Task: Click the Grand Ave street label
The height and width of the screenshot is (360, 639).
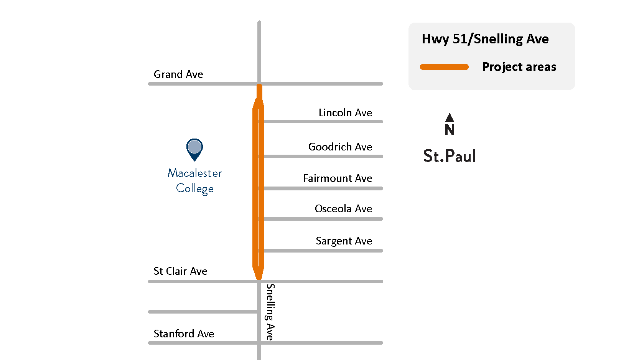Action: tap(178, 74)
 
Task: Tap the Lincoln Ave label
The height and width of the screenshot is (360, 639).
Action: tap(345, 112)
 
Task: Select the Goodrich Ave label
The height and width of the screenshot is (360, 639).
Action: tap(340, 147)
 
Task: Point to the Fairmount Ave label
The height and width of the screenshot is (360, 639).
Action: tap(338, 178)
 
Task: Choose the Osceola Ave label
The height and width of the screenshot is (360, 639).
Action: tap(343, 208)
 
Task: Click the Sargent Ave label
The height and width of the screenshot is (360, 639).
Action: tap(344, 241)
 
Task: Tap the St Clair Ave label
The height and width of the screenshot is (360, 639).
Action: tap(180, 271)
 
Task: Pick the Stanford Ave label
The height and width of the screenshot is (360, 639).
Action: tap(184, 334)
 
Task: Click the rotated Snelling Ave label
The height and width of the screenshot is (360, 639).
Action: tap(270, 312)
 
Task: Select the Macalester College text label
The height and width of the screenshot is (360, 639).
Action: tap(195, 181)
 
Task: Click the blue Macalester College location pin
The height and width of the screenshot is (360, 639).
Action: tap(194, 148)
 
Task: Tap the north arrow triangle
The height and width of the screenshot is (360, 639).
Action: tap(450, 117)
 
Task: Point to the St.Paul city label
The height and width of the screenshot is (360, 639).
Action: tap(449, 156)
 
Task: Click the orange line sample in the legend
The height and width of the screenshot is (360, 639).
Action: tap(444, 67)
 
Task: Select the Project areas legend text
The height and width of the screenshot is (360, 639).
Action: tap(519, 67)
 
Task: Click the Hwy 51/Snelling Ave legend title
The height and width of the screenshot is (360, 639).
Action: tap(485, 39)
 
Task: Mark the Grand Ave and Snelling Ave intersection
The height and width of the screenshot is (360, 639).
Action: tap(259, 84)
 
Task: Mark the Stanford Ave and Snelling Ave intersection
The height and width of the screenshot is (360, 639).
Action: tap(259, 343)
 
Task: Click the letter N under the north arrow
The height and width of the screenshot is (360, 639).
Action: tap(450, 130)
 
